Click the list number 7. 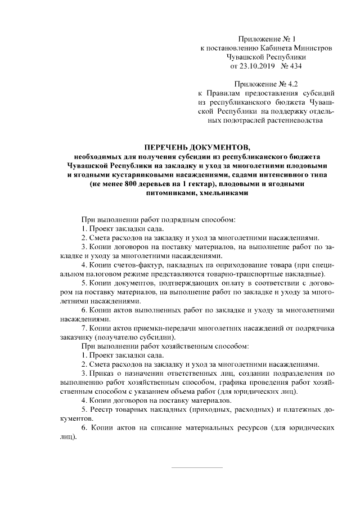(x=84, y=327)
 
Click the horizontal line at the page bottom (x=196, y=467)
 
